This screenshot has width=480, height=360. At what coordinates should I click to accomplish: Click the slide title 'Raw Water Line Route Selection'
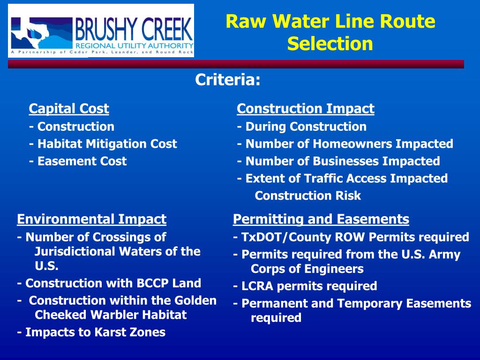coord(330,33)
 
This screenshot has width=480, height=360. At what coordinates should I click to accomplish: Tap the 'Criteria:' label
coord(227,80)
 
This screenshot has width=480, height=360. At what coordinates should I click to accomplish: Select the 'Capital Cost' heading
coord(68,109)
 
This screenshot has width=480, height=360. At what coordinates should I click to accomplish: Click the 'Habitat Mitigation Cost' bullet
coord(103,144)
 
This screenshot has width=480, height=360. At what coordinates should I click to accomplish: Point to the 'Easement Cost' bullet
coord(77,161)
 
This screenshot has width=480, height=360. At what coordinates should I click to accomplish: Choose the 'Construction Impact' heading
coord(305,109)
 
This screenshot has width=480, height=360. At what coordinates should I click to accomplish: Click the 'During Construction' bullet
coord(301,127)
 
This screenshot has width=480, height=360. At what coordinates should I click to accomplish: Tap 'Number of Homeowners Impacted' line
coord(345,144)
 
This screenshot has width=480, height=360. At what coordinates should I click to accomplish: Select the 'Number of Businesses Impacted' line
coord(338,161)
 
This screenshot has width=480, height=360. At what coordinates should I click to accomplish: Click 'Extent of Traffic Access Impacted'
coord(342,179)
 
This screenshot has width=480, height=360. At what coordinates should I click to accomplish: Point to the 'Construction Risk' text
coord(307,196)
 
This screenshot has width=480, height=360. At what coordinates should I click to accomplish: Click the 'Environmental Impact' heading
coord(91,219)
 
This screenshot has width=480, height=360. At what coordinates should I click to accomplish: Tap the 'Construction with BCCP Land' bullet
coord(109,283)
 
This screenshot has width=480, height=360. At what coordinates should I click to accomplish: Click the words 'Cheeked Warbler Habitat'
coord(111,315)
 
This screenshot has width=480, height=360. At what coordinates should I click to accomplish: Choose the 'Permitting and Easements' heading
coord(321,219)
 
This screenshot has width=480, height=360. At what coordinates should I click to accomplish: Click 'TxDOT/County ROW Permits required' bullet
coord(351,237)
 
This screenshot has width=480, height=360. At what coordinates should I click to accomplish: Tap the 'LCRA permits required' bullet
coord(305,286)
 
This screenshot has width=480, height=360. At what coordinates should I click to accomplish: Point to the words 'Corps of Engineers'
coord(307,269)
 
